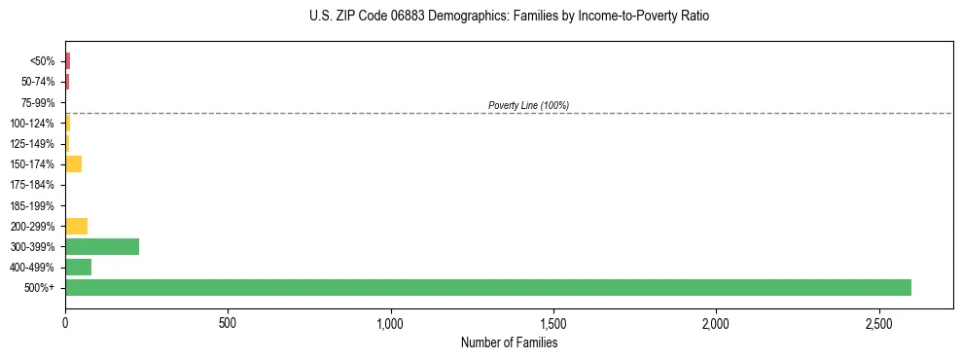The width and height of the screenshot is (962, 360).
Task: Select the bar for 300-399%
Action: [102, 247]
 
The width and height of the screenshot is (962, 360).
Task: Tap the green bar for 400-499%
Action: [78, 268]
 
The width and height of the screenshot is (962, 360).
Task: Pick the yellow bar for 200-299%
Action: [76, 227]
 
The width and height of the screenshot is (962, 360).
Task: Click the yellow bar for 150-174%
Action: [73, 164]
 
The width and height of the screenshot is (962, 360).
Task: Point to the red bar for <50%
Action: [68, 61]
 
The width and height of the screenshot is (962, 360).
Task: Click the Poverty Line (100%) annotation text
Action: [528, 105]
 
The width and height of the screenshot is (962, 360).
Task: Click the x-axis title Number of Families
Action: [509, 342]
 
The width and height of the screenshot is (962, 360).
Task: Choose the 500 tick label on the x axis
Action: [228, 322]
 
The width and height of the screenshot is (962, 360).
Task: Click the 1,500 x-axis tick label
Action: [552, 322]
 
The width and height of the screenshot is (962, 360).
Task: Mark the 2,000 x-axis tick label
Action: [716, 322]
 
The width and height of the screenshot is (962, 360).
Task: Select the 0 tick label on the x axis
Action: [65, 322]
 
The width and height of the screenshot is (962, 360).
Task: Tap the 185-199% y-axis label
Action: [34, 206]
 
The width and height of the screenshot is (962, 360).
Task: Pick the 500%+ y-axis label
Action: [41, 288]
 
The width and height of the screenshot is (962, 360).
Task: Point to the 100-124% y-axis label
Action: [34, 124]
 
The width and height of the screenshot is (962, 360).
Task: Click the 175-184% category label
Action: [34, 185]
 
